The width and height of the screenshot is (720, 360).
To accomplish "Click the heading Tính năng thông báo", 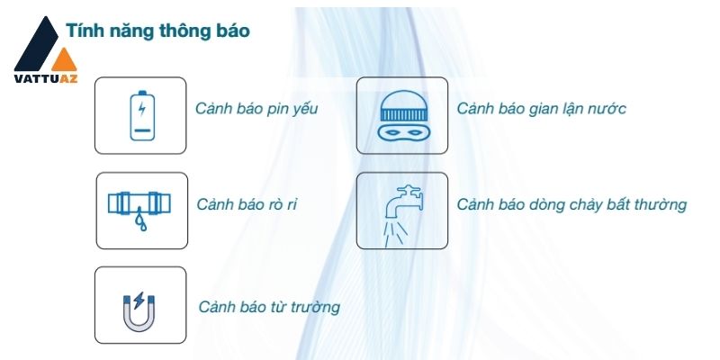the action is (x=158, y=31).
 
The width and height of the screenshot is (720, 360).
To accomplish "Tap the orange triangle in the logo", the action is (x=64, y=61).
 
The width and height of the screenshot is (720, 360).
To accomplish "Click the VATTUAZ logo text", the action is (x=46, y=78).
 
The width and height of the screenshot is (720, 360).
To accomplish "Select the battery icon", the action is (x=142, y=115).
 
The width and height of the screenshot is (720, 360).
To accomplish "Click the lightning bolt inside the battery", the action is (x=142, y=109).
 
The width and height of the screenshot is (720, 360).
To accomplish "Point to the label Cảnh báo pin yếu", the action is (x=256, y=109).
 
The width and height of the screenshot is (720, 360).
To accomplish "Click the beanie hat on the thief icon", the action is (x=403, y=105).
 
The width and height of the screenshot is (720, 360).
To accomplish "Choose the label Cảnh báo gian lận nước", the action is (x=542, y=109).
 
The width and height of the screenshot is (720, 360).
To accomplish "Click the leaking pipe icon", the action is (x=139, y=211).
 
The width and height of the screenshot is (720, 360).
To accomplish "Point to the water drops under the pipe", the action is (x=140, y=220).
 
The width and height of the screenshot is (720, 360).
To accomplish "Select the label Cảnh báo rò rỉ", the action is (x=247, y=204).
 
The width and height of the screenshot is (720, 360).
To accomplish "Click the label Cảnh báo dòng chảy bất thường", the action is (x=571, y=205).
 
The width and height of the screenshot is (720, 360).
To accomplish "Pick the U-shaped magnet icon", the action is (x=139, y=313).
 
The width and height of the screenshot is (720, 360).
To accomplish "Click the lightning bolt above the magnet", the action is (x=139, y=301).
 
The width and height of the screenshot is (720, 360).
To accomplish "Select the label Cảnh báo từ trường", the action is (x=269, y=307).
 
